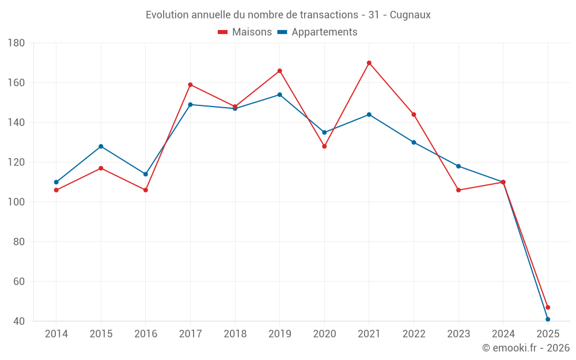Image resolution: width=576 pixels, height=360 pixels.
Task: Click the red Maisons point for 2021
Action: [369, 63]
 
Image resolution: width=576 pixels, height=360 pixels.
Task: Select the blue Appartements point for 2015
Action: [101, 146]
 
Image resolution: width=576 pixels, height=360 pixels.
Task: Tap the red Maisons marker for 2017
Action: [190, 85]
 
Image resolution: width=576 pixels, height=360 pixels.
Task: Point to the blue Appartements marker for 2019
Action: [280, 94]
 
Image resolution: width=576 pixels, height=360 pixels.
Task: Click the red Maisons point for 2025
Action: [548, 307]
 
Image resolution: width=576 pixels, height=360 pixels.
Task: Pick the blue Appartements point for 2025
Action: [548, 319]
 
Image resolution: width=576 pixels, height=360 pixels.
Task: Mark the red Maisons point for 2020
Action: [324, 146]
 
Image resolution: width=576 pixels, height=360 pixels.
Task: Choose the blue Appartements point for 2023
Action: [458, 166]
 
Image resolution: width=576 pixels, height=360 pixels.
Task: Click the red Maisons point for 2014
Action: [56, 190]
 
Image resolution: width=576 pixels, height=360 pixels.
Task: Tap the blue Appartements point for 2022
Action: [414, 142]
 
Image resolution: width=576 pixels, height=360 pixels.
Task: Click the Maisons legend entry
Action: [245, 32]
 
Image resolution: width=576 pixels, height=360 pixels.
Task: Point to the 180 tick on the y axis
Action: [16, 43]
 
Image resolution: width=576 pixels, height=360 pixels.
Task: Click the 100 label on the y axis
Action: [16, 202]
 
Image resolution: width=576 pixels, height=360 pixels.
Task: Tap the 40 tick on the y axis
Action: [18, 321]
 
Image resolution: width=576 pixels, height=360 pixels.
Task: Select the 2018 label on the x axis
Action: [235, 334]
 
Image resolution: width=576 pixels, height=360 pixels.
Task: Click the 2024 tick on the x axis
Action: [503, 334]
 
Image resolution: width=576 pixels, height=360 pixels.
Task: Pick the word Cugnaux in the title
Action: [410, 15]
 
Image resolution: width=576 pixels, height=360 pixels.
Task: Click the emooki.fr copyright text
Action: [525, 348]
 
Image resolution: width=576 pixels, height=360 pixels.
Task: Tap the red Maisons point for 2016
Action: [145, 190]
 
